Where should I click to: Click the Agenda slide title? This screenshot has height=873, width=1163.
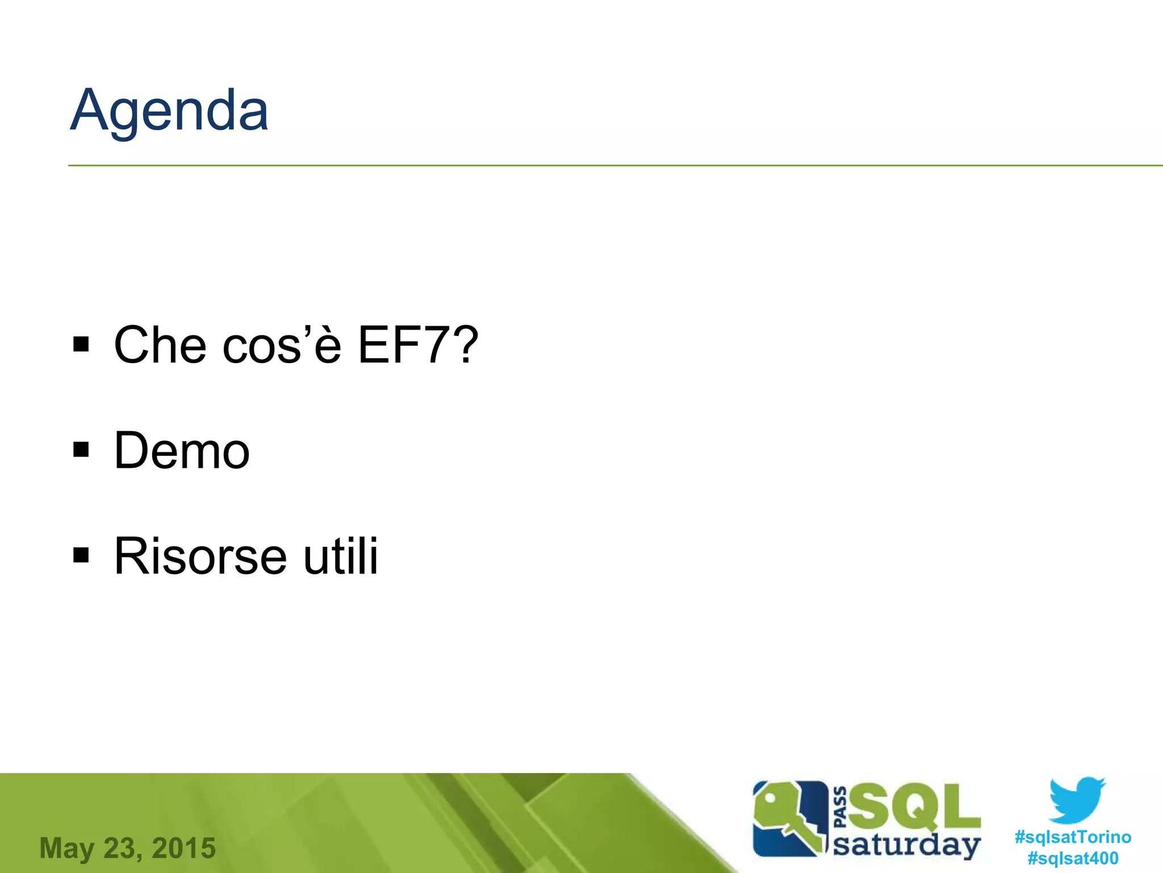click(x=169, y=111)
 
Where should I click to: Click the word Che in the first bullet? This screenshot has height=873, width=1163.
click(x=160, y=345)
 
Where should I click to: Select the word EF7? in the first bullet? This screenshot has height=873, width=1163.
click(x=418, y=345)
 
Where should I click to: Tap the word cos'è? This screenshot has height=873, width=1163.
click(x=282, y=345)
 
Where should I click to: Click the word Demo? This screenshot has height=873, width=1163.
click(x=182, y=451)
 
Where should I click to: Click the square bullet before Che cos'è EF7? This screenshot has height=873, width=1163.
click(x=81, y=344)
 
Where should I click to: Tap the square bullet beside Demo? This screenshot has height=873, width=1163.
click(x=81, y=450)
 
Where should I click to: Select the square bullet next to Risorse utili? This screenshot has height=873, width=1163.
click(x=81, y=555)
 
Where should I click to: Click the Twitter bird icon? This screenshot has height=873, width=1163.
click(x=1077, y=800)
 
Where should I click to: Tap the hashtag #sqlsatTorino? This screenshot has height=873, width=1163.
click(x=1073, y=837)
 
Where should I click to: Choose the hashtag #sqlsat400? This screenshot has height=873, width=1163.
click(x=1073, y=858)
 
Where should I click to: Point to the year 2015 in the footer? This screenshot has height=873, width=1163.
click(x=184, y=848)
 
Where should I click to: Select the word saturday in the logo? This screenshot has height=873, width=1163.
click(x=906, y=845)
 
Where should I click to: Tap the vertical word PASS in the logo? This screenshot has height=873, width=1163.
click(x=840, y=807)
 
